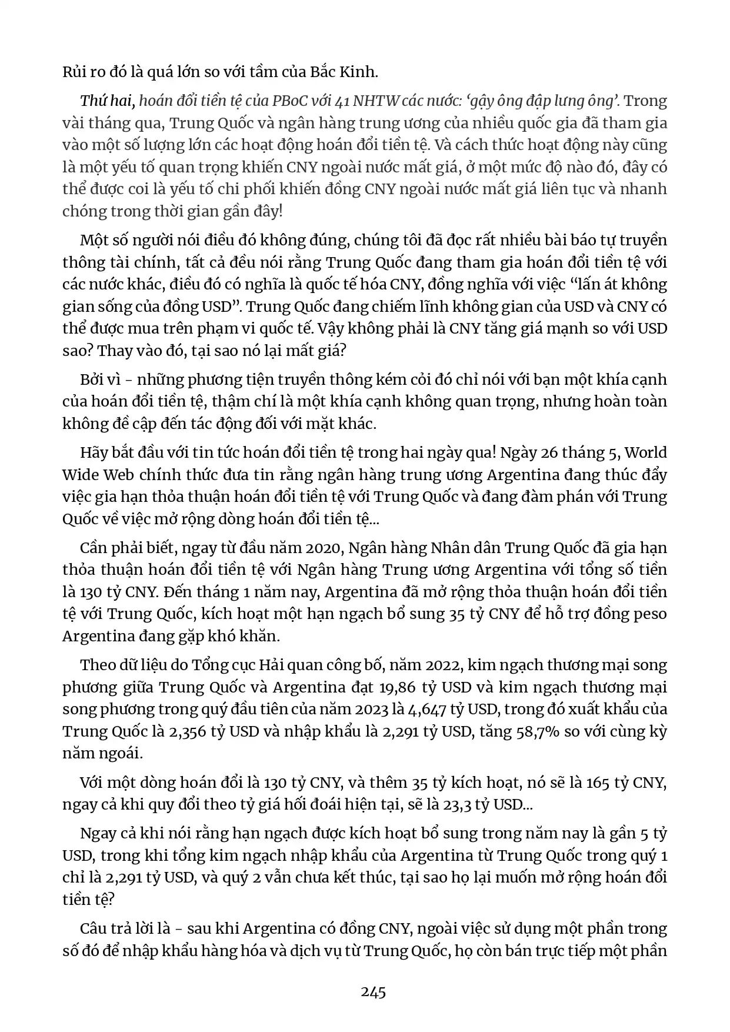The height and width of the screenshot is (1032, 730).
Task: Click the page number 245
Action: pos(373,992)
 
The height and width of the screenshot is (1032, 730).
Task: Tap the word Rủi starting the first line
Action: pos(75,72)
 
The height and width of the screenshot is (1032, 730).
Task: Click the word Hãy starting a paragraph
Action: pos(92,452)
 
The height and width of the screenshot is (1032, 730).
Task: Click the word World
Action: pos(645,452)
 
